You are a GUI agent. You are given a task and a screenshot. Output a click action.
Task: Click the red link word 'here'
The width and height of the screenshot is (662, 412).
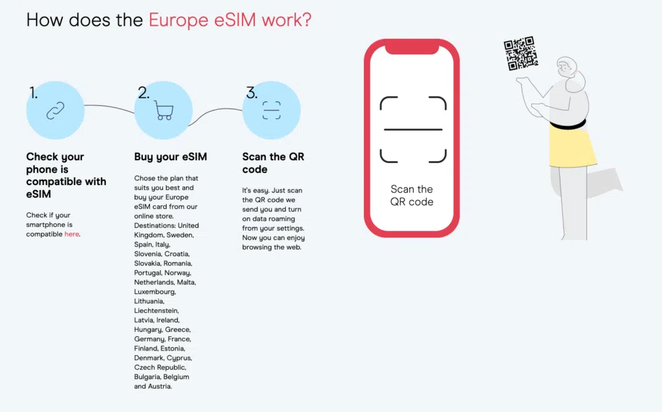pos(71,234)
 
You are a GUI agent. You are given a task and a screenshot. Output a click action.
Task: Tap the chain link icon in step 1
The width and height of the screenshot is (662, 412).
pos(56,111)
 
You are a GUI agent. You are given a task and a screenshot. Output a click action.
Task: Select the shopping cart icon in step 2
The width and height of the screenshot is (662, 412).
pos(164,111)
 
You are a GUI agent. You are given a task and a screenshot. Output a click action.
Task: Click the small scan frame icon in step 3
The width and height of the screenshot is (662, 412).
pos(272,111)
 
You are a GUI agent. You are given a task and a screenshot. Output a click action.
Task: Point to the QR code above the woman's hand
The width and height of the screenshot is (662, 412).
pos(520,53)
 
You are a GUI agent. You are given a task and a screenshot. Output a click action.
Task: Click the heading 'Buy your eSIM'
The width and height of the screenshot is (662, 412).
pos(171,157)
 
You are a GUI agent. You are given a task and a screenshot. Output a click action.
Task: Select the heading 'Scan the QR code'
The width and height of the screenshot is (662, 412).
pos(273,163)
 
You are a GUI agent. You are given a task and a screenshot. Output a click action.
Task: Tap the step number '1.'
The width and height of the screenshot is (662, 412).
pos(34,93)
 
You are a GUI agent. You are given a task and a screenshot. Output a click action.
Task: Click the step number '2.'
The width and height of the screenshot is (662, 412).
pos(144,93)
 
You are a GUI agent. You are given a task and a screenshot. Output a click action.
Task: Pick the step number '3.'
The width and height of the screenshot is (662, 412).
pos(251,93)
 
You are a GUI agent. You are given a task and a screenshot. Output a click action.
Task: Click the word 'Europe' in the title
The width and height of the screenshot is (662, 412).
pos(178,20)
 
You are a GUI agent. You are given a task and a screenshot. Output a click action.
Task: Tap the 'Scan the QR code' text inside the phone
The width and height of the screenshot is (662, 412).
pos(412,195)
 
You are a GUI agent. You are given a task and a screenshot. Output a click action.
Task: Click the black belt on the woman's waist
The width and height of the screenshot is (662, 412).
pos(568,124)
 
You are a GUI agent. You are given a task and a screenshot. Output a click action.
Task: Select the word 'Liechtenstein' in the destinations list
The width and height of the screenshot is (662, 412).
pos(156,310)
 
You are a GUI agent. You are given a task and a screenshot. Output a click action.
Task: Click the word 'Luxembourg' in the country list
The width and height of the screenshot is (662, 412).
pos(155,292)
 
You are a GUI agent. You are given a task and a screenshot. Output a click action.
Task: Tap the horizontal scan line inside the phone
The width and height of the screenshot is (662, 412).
pos(413,129)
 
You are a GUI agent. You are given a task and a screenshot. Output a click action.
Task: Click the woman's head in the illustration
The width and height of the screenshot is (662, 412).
pos(568,69)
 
